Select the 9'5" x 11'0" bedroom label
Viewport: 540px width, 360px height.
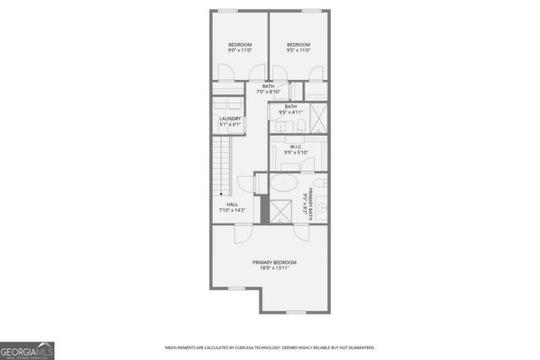298,47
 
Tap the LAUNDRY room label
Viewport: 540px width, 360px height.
230,121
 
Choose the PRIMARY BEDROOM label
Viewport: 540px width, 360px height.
275,265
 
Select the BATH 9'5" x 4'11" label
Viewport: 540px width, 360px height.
290,109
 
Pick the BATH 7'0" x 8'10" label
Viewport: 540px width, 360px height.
267,89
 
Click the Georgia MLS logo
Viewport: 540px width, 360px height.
26,349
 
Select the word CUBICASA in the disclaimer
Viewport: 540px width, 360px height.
253,347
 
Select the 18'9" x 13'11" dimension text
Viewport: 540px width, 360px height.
275,269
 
